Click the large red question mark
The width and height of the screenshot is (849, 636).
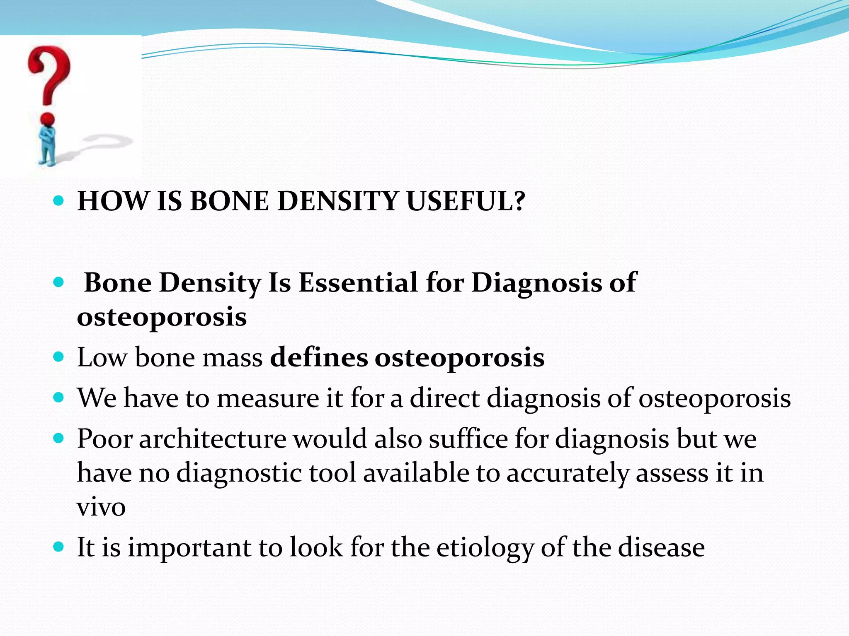[50, 75]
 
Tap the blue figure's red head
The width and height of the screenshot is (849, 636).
[48, 120]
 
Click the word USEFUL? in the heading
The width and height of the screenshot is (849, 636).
[466, 202]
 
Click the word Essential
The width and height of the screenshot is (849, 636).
[358, 283]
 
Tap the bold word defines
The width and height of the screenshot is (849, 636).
[319, 357]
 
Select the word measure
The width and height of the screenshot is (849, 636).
[268, 398]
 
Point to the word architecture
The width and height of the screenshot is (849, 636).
[212, 439]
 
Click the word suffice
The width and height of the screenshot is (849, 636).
[468, 439]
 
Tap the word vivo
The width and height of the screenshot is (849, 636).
[101, 508]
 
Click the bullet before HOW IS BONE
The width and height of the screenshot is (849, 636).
[59, 201]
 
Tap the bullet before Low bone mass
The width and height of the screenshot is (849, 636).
[59, 357]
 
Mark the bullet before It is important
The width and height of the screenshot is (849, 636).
[59, 547]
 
